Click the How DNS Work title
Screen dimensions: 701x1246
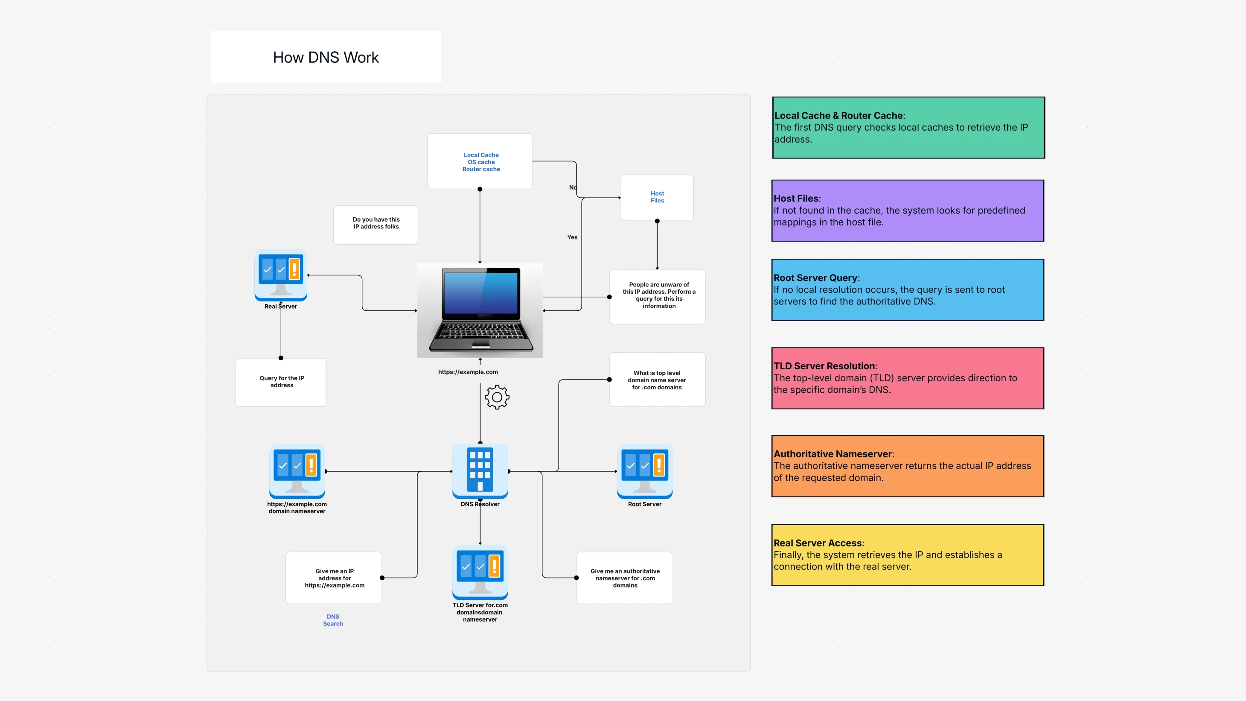tap(326, 57)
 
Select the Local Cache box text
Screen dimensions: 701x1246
tap(481, 162)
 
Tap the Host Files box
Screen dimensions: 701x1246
tap(657, 197)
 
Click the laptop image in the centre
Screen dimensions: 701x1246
tap(480, 310)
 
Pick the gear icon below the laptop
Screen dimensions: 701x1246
tap(497, 397)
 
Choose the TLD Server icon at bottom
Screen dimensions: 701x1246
tap(480, 571)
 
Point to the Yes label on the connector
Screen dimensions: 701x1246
tap(572, 237)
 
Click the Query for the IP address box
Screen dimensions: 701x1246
tap(281, 382)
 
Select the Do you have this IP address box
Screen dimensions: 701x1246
tap(376, 224)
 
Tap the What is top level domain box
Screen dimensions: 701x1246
tap(657, 380)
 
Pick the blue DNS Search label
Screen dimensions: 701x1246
tap(333, 620)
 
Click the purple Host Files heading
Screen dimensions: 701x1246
tap(796, 199)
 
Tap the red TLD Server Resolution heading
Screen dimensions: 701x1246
tap(824, 366)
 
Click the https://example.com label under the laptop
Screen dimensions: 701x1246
tap(468, 372)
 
